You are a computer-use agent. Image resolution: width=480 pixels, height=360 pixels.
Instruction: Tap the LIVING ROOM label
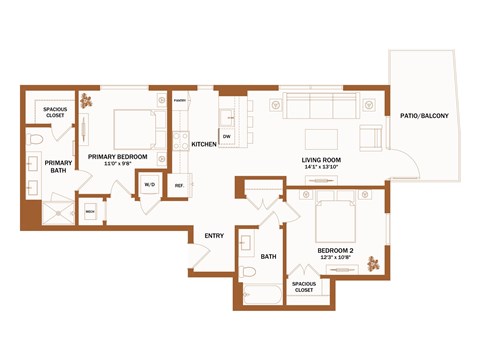click(324, 160)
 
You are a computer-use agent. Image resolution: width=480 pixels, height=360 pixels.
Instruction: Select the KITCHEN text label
click(204, 144)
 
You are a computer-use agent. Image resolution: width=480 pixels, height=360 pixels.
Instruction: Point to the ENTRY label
click(214, 236)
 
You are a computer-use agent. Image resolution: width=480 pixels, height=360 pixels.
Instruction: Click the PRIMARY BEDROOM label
click(118, 157)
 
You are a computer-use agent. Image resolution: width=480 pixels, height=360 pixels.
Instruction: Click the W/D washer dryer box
click(150, 185)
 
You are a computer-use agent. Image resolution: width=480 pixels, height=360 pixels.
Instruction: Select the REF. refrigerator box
click(180, 185)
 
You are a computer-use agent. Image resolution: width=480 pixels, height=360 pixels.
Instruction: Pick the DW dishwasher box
click(227, 136)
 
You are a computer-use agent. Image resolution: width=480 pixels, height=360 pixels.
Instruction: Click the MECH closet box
click(89, 212)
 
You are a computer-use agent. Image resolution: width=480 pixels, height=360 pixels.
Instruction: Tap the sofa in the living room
click(319, 105)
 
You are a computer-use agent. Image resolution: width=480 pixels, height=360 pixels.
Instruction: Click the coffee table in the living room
click(323, 136)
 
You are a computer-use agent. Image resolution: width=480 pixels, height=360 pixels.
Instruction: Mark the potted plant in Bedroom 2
click(373, 264)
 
